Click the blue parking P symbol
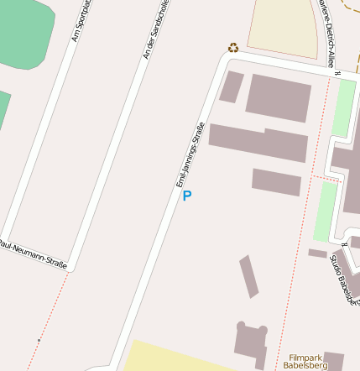pyautogui.click(x=187, y=196)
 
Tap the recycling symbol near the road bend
pyautogui.click(x=233, y=48)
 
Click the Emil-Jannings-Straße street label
pyautogui.click(x=190, y=154)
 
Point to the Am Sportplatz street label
pyautogui.click(x=81, y=21)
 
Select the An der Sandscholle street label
pyautogui.click(x=157, y=29)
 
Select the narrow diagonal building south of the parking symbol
pyautogui.click(x=249, y=276)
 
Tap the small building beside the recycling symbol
pyautogui.click(x=232, y=86)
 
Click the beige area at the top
pyautogui.click(x=283, y=25)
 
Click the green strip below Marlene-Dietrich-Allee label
pyautogui.click(x=342, y=109)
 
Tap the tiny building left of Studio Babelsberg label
pyautogui.click(x=317, y=253)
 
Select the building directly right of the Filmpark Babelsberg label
pyautogui.click(x=334, y=361)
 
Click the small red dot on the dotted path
pyautogui.click(x=39, y=340)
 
